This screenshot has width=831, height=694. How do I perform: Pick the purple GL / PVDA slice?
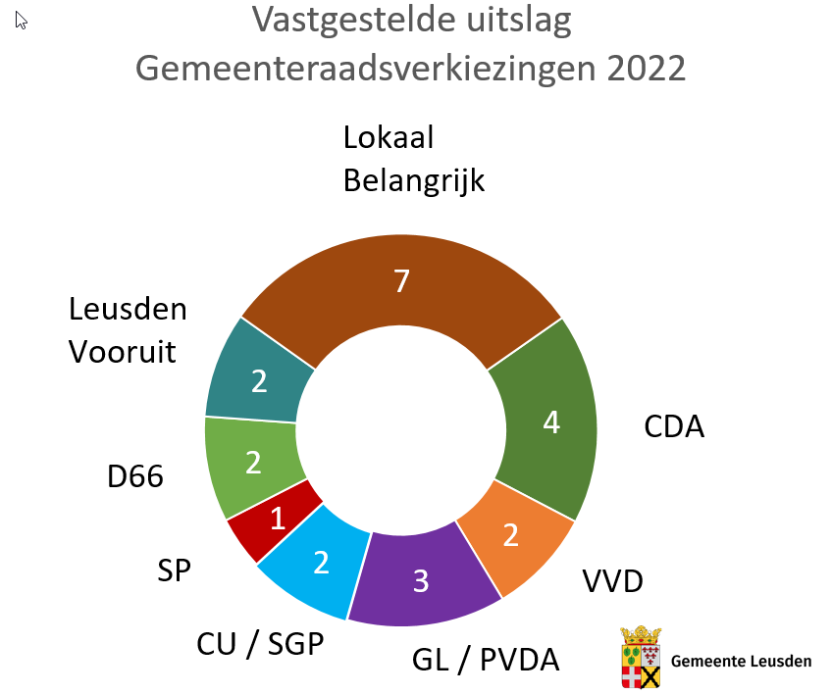point(422,578)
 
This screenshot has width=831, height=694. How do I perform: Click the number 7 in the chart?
point(401,282)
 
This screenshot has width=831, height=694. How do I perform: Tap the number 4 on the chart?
point(551,422)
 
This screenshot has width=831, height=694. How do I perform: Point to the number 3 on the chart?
point(421,581)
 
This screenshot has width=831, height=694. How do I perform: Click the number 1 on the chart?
point(278,518)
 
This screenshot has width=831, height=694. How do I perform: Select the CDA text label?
point(674,427)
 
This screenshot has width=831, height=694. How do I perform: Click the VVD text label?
point(612,581)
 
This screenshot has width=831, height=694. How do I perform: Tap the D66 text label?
point(135,477)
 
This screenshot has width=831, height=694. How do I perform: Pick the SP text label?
point(174,570)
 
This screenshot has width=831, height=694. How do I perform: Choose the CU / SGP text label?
point(259,643)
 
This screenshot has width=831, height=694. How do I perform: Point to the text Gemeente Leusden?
point(741,661)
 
